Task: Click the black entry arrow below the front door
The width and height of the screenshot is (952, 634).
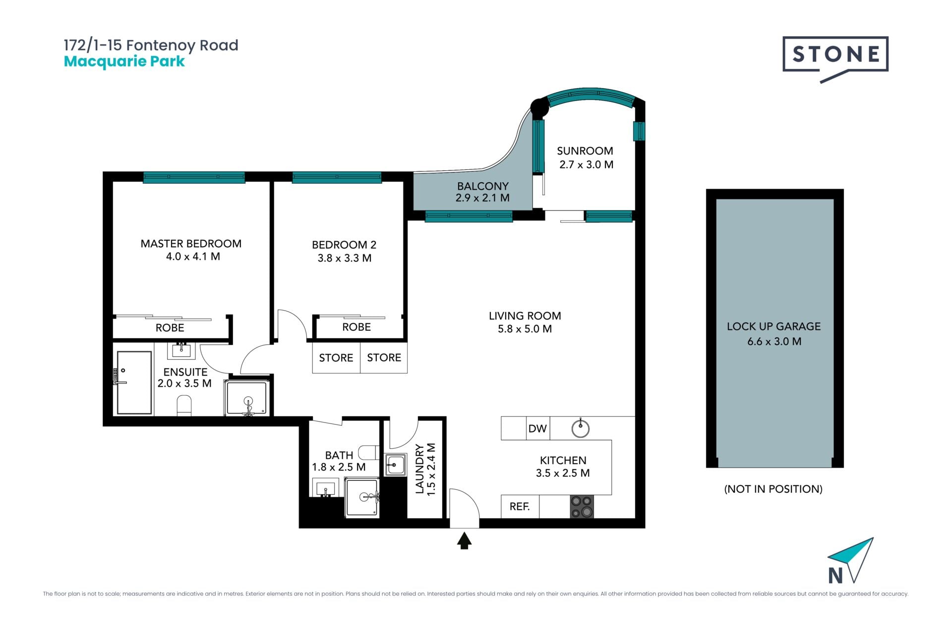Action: point(464,541)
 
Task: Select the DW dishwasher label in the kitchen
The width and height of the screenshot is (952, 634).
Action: point(537,428)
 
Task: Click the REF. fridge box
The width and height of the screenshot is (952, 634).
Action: point(520,506)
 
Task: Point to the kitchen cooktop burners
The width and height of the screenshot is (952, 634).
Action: point(582,507)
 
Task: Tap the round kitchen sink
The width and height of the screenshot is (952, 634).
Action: point(580,428)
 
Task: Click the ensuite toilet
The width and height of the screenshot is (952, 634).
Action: point(184,406)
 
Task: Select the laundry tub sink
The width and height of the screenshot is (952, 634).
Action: point(395,465)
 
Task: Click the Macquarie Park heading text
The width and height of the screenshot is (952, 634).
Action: point(124,61)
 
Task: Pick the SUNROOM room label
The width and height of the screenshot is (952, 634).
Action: point(585,151)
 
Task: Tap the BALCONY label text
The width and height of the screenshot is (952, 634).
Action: point(483,186)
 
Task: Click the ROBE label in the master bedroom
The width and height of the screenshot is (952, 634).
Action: point(170,328)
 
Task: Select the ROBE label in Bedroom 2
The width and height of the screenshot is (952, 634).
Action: point(357,327)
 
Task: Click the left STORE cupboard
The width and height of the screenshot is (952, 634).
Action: point(336,358)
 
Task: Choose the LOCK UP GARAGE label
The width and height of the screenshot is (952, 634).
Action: point(773,326)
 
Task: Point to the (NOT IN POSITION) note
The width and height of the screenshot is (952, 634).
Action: point(773,489)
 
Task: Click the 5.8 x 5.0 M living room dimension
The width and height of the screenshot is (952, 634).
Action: point(525,329)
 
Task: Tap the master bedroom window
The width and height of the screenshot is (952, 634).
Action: point(194,177)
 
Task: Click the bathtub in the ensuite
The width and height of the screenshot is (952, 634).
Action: point(134,382)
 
